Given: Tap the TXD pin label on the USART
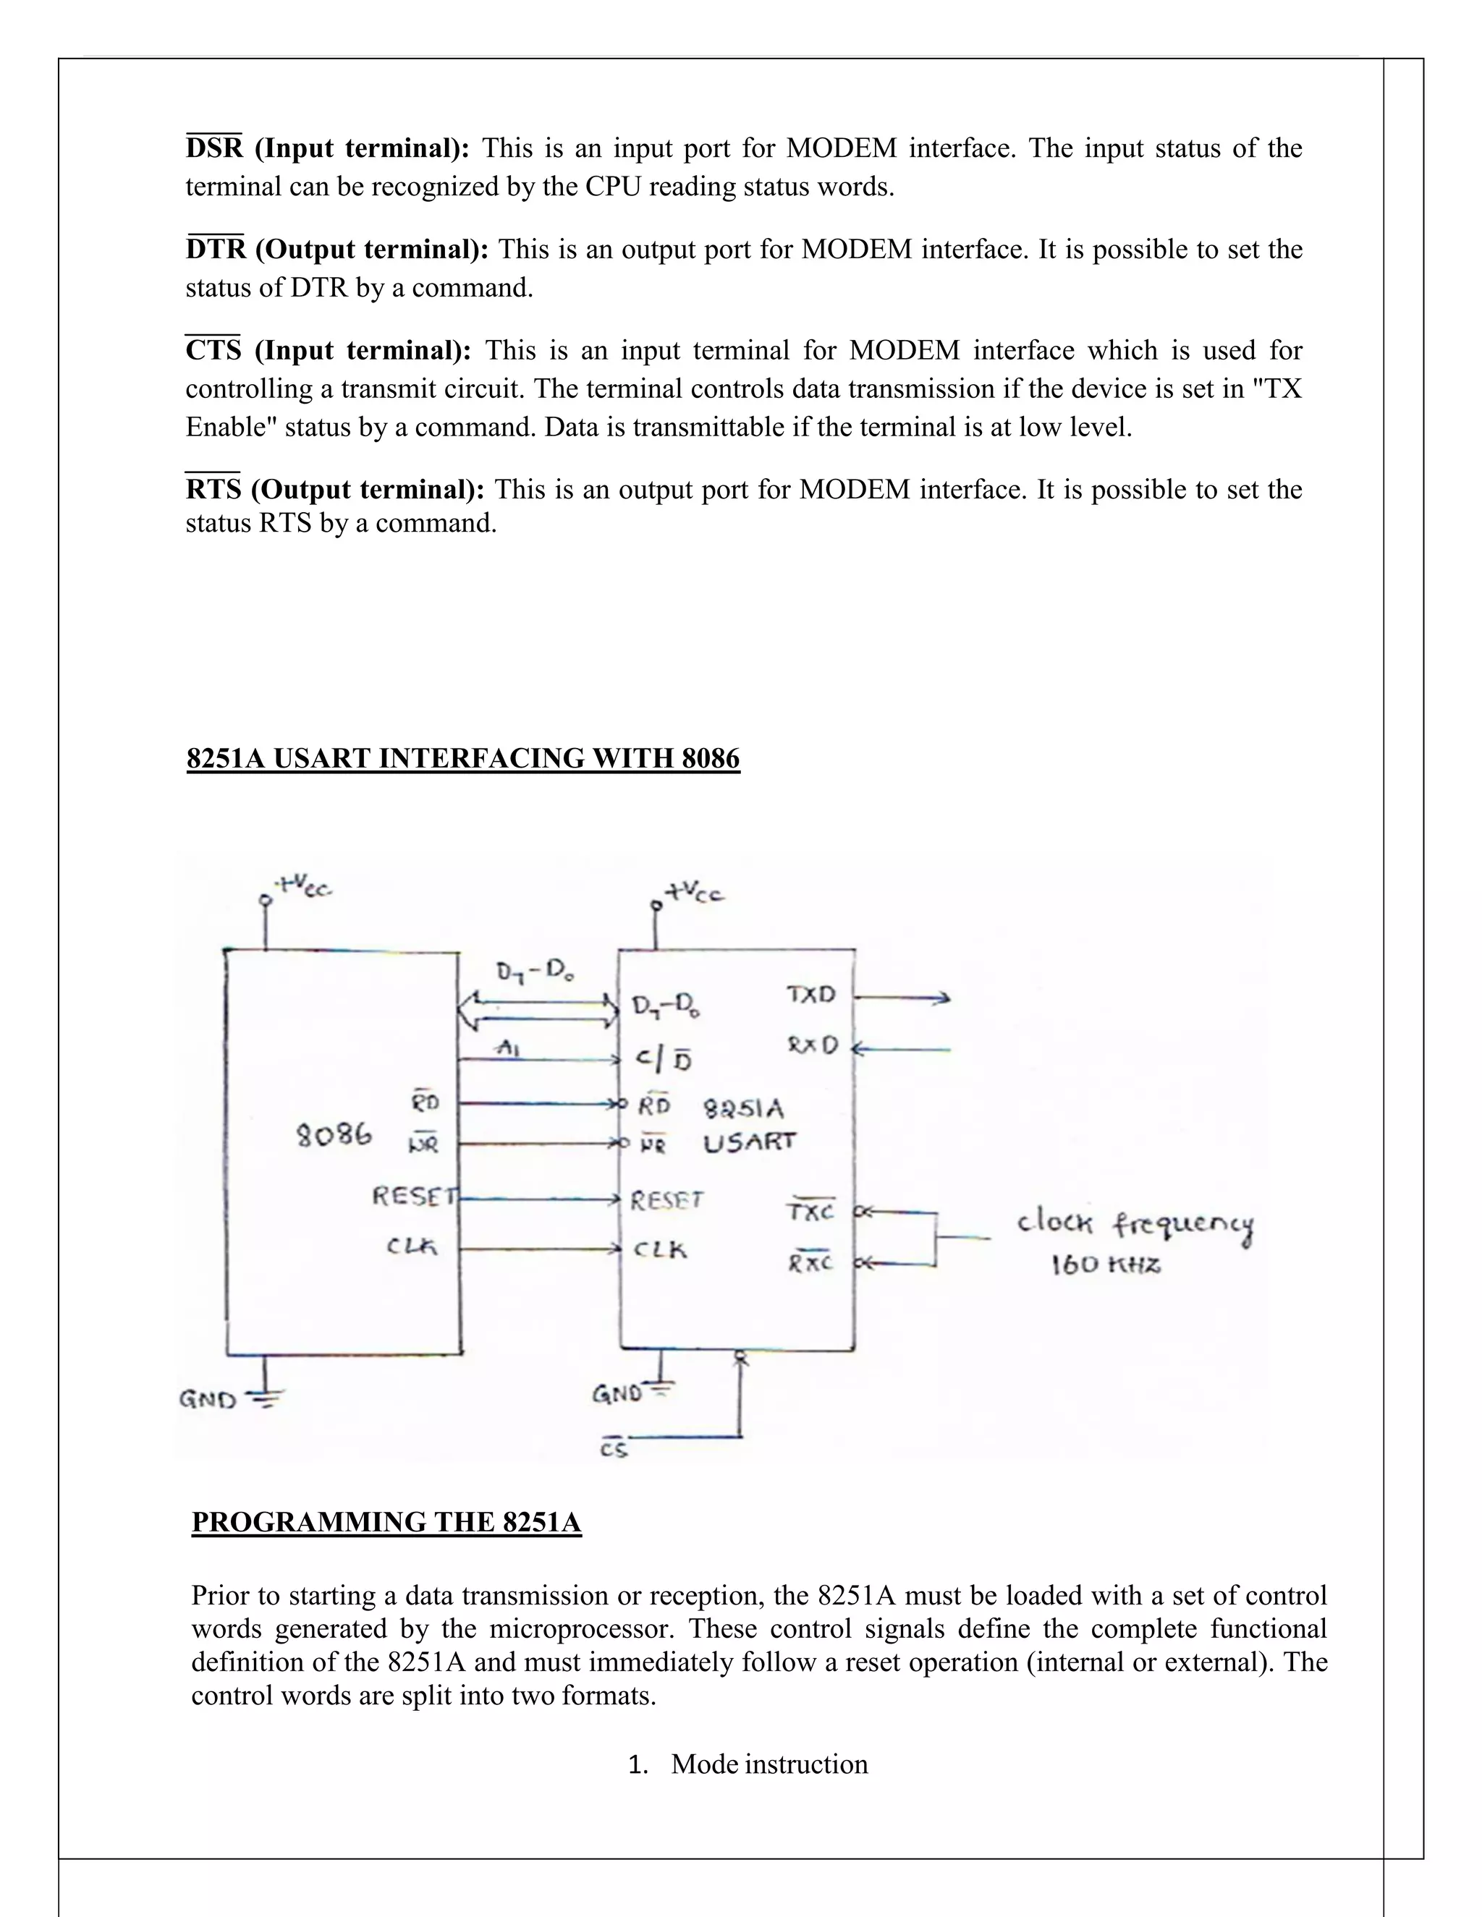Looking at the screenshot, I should pyautogui.click(x=810, y=995).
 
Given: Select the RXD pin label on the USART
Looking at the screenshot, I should pyautogui.click(x=812, y=1045).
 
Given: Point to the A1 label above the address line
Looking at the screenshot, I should pyautogui.click(x=507, y=1048).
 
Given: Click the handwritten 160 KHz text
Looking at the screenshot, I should pyautogui.click(x=1106, y=1264).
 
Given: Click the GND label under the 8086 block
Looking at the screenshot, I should pyautogui.click(x=208, y=1399).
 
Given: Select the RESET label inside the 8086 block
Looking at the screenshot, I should pyautogui.click(x=415, y=1196).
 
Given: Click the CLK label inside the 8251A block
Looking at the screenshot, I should pyautogui.click(x=660, y=1249).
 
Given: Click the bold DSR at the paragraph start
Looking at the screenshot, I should pyautogui.click(x=213, y=148).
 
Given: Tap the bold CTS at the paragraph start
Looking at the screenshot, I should pyautogui.click(x=213, y=350).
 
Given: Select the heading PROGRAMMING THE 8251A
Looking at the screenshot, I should pyautogui.click(x=386, y=1521).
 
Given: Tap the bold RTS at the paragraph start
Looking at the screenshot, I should pyautogui.click(x=213, y=489).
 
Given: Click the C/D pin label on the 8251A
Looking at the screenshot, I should pyautogui.click(x=664, y=1060).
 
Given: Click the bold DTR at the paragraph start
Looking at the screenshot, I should pyautogui.click(x=215, y=250).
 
